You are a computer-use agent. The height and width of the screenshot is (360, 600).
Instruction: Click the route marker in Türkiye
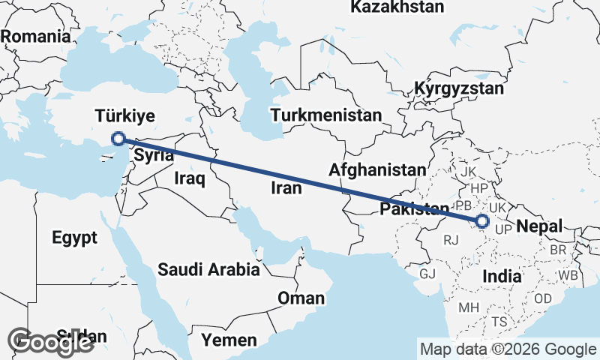click(x=118, y=138)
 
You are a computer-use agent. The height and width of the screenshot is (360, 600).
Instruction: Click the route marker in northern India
click(x=481, y=221)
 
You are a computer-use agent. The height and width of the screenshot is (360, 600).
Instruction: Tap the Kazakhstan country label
click(x=397, y=7)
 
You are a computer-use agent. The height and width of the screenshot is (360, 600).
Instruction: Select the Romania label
click(x=35, y=36)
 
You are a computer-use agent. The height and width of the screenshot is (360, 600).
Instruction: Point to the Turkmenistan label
click(x=326, y=115)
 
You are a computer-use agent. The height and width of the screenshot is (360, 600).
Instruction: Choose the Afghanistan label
click(x=376, y=170)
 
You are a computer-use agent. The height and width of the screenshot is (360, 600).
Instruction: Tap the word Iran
click(x=286, y=188)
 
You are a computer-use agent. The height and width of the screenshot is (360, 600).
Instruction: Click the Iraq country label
click(x=189, y=178)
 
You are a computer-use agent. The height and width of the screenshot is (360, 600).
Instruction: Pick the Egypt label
click(x=75, y=238)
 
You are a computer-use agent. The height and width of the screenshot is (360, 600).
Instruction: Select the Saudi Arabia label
click(x=208, y=269)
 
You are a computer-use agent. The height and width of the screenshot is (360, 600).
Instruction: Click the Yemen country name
click(x=229, y=340)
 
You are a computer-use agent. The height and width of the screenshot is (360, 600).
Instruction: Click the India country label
click(x=502, y=276)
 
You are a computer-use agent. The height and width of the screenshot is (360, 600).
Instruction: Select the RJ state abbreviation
click(x=451, y=240)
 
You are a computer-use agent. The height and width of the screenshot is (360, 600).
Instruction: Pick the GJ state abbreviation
click(x=427, y=274)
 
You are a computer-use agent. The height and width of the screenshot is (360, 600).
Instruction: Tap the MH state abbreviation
click(x=469, y=307)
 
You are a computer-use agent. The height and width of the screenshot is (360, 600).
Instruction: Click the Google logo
click(x=51, y=341)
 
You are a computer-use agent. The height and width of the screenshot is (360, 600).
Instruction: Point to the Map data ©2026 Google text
click(x=508, y=349)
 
